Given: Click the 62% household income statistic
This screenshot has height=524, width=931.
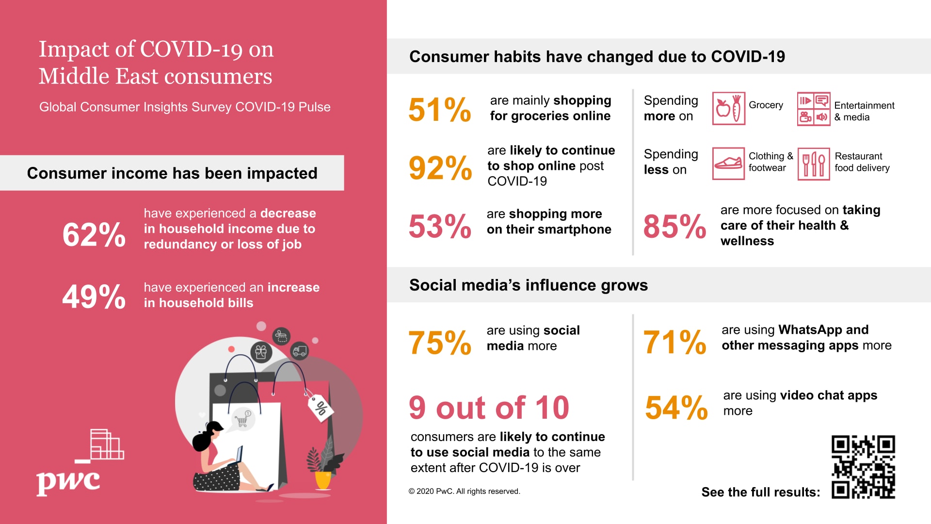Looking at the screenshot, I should point(94,235).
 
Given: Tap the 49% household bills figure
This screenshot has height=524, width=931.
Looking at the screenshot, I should point(94,296).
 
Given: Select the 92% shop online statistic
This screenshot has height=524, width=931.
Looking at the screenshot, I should point(440,168).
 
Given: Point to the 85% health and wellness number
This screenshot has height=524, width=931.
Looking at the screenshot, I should point(674,227).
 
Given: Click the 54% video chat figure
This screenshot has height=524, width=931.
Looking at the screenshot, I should point(676,408).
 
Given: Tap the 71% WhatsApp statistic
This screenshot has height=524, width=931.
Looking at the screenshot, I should point(674,342).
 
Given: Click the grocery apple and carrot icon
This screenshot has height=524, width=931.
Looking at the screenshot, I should point(728,109).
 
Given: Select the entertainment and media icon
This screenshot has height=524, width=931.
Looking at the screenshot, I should point(814,109).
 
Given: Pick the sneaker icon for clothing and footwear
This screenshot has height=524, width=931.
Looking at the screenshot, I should point(728,164).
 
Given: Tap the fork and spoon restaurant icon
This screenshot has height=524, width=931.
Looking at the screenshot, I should point(814,164).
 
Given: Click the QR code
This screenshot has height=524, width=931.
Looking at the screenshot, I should point(863,467).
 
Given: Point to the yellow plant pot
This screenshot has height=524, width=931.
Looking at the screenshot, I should point(323,479).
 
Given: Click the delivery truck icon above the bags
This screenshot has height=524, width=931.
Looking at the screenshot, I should point(300,351).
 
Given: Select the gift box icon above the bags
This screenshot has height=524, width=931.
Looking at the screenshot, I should point(261,352).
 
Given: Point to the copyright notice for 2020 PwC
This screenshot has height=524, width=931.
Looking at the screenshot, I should point(464,491).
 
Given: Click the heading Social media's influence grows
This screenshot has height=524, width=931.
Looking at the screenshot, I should point(528,285).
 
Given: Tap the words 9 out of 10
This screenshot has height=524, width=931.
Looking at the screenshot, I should point(489,408).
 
